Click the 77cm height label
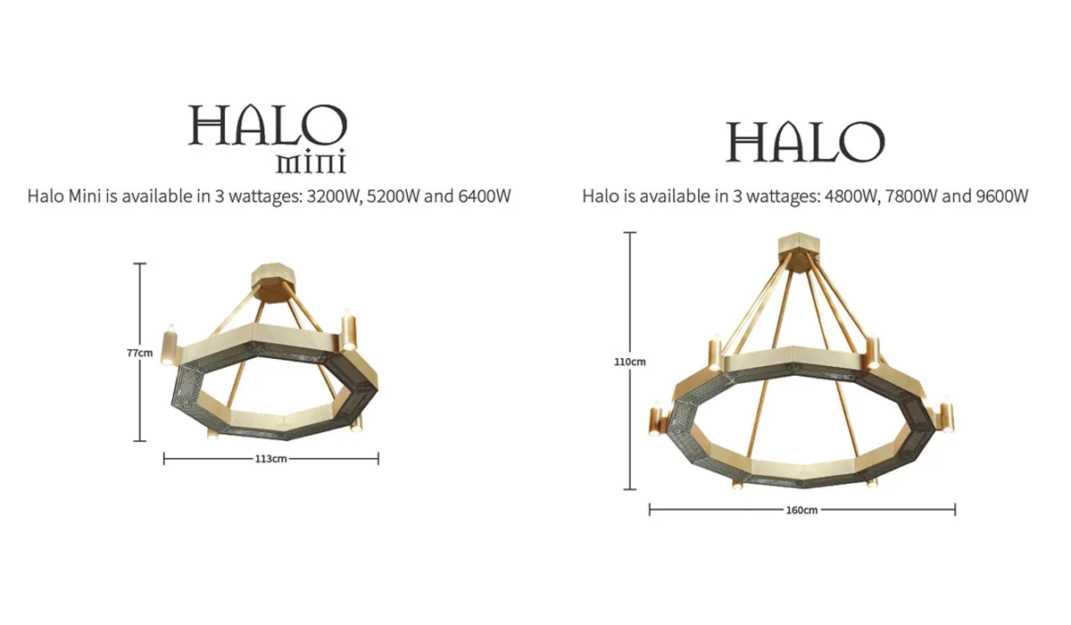(x=139, y=353)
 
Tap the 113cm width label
(x=270, y=459)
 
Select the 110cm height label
(x=631, y=362)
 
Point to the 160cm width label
(x=801, y=510)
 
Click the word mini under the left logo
(x=311, y=163)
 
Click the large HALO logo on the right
(x=805, y=142)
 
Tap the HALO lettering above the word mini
(x=267, y=126)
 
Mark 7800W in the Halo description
(x=911, y=196)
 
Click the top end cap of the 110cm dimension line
(x=631, y=233)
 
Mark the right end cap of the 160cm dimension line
(x=955, y=510)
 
